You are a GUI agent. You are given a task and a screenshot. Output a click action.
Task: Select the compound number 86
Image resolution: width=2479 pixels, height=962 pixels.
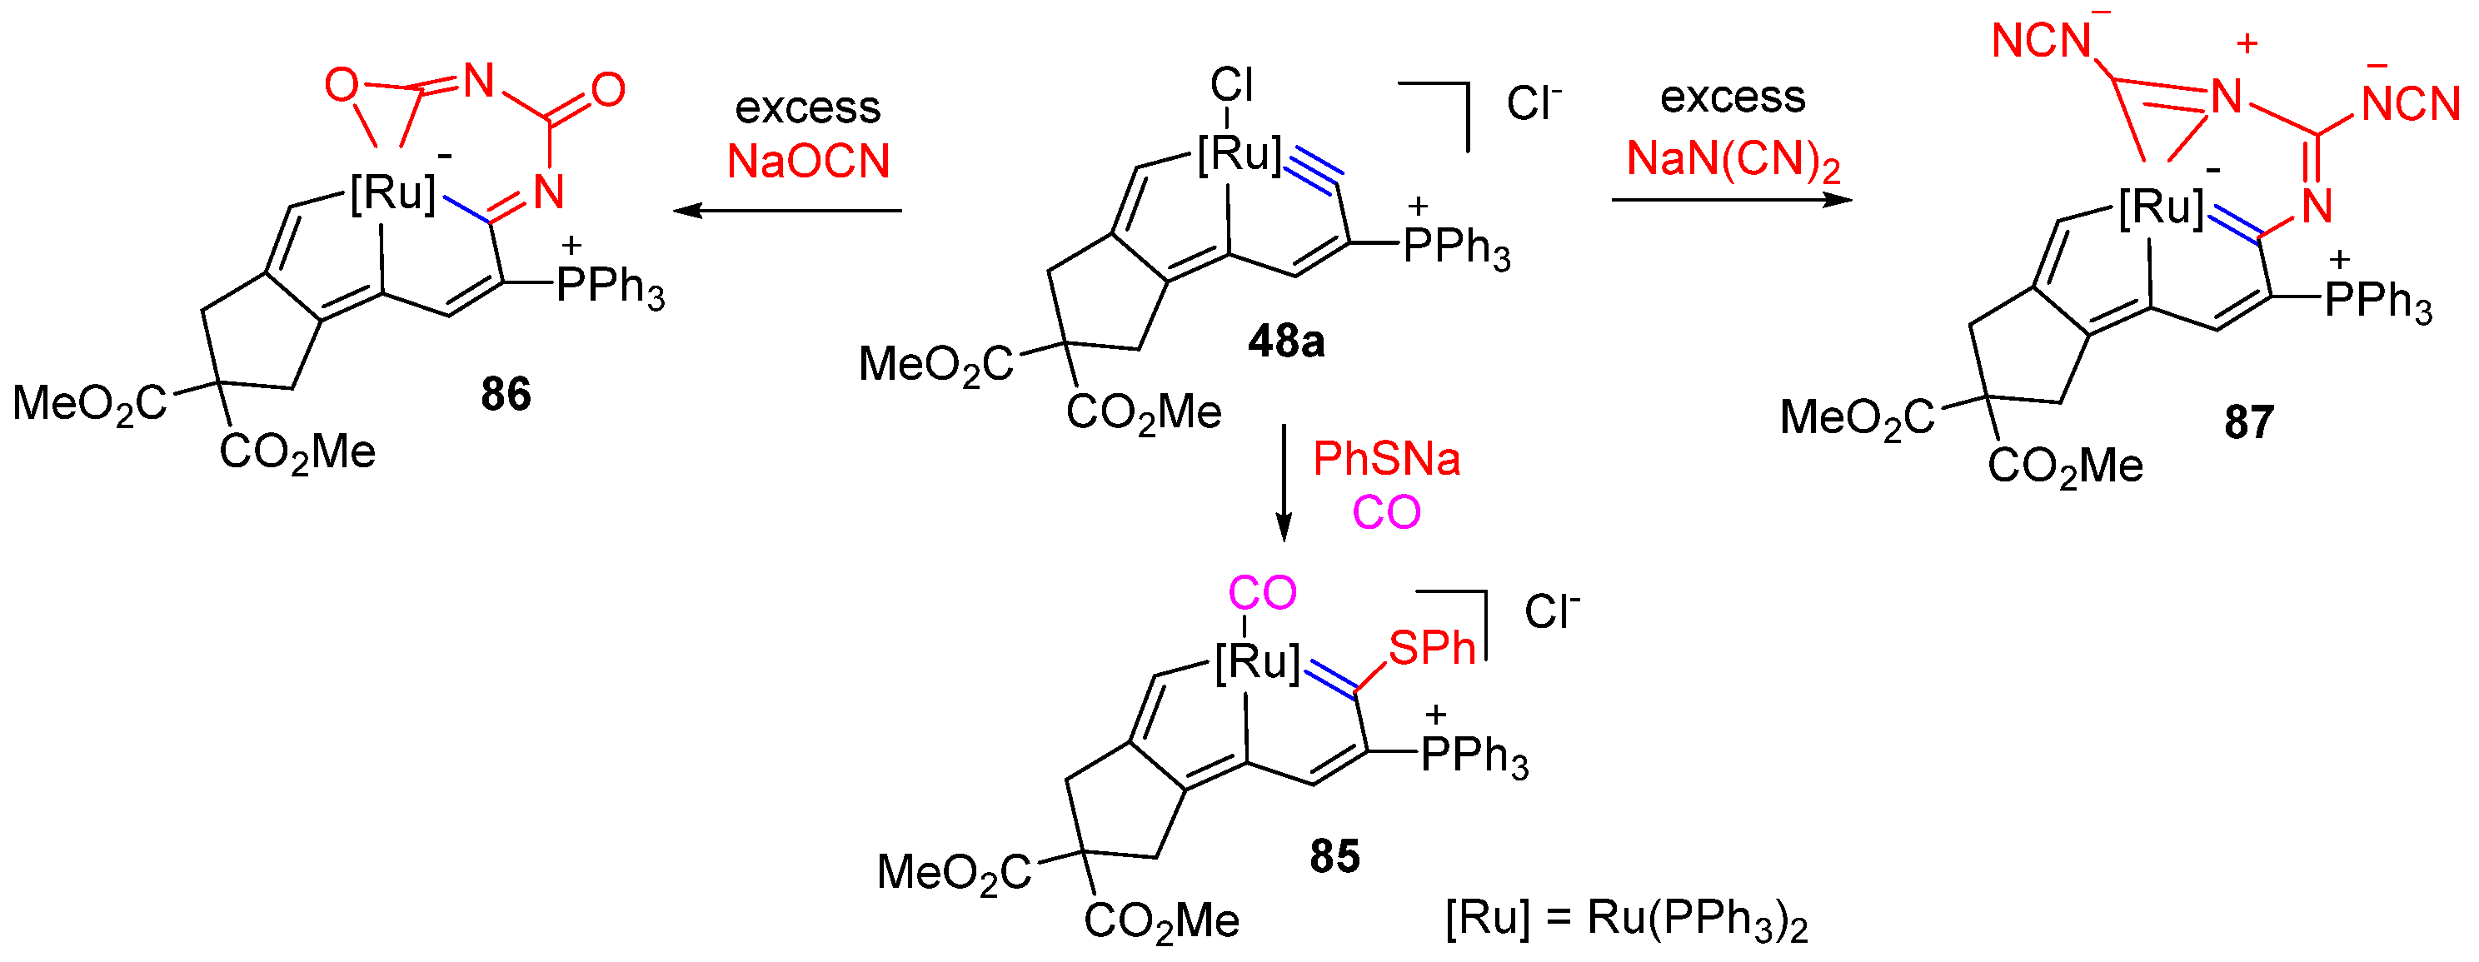pyautogui.click(x=506, y=395)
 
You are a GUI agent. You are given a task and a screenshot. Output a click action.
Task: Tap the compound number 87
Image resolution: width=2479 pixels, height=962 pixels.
pyautogui.click(x=2249, y=422)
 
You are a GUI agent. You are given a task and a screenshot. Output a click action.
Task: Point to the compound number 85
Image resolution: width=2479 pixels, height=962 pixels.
pyautogui.click(x=1334, y=856)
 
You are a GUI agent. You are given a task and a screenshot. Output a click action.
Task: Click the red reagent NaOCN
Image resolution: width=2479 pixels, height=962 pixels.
pyautogui.click(x=808, y=161)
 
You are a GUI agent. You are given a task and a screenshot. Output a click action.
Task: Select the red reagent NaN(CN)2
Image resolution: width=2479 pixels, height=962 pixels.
pyautogui.click(x=1733, y=160)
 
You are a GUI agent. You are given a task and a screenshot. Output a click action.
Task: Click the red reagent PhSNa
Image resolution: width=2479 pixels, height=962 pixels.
pyautogui.click(x=1386, y=459)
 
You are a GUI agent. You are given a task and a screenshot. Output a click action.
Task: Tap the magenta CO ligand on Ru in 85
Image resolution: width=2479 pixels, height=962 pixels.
pyautogui.click(x=1262, y=592)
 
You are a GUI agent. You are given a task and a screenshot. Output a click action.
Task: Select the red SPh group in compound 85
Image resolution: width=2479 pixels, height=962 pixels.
pyautogui.click(x=1431, y=648)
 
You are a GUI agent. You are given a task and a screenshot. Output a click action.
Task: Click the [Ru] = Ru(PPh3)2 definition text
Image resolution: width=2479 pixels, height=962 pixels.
pyautogui.click(x=1625, y=920)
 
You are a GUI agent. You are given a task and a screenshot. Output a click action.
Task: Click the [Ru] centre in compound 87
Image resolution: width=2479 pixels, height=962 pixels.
pyautogui.click(x=2162, y=207)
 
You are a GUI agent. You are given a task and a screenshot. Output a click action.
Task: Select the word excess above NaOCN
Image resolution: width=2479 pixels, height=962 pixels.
pyautogui.click(x=807, y=107)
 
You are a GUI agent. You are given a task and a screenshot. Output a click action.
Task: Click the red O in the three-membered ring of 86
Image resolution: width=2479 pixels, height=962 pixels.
pyautogui.click(x=341, y=86)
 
